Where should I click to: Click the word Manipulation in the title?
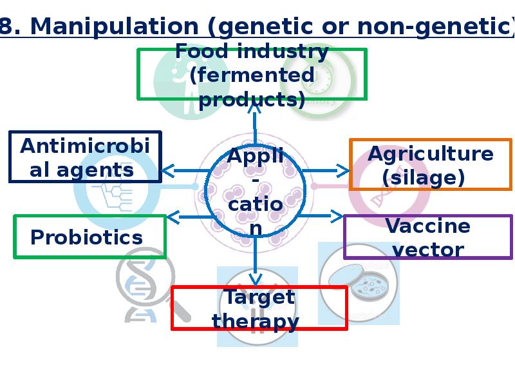(115, 26)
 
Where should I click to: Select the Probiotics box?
(89, 237)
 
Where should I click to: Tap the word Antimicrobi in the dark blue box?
(85, 146)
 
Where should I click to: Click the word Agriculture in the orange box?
(430, 154)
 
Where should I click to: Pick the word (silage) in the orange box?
(424, 178)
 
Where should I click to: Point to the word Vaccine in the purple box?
(427, 226)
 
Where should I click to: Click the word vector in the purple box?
(428, 250)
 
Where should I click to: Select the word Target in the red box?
(259, 297)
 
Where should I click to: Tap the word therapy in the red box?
(256, 321)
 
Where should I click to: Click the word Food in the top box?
(201, 52)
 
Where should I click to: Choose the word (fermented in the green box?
(252, 75)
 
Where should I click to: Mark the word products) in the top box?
(252, 100)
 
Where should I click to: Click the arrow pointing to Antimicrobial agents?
(185, 171)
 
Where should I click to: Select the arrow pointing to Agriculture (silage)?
(326, 171)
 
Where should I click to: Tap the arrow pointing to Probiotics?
(191, 217)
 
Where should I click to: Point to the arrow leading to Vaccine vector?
(320, 216)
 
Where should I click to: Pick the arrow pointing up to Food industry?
(254, 124)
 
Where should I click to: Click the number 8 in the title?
(6, 26)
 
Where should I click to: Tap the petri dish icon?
(359, 283)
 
